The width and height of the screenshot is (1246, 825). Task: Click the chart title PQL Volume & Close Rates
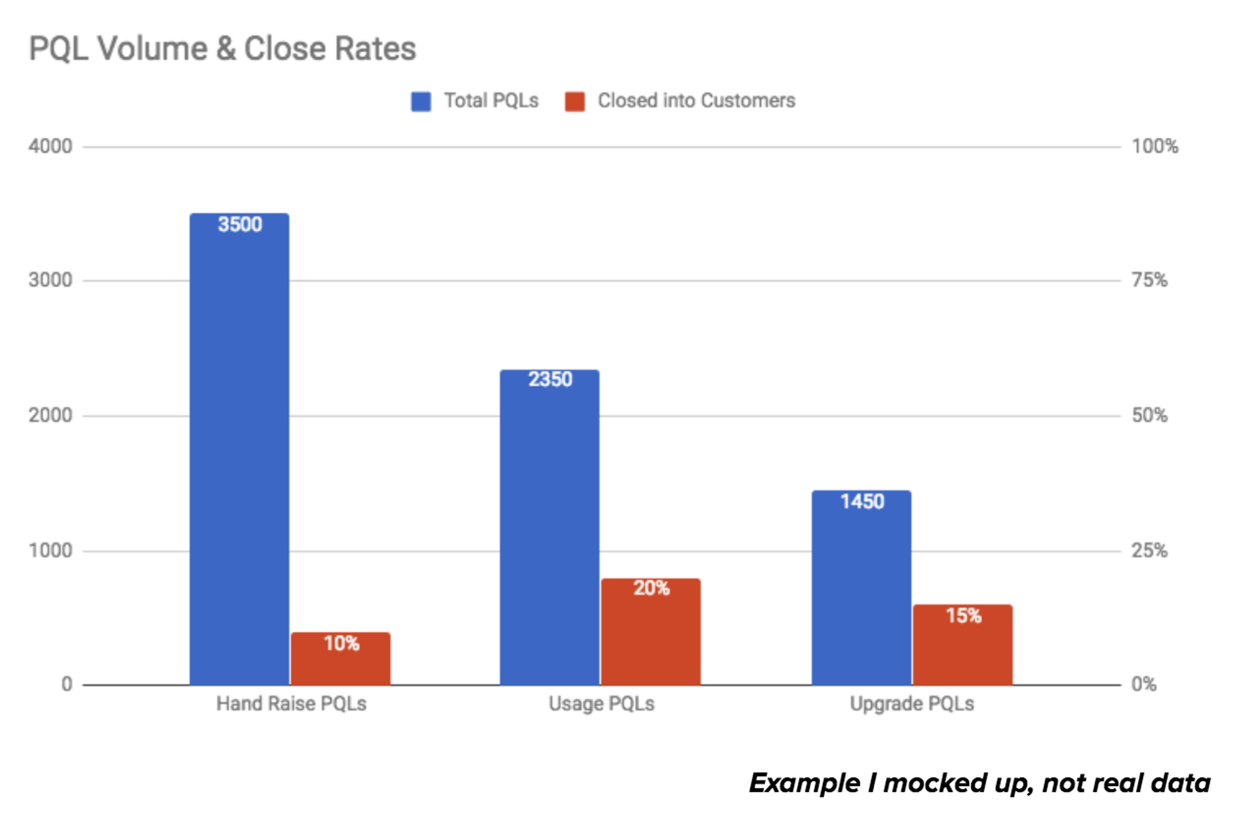tap(222, 49)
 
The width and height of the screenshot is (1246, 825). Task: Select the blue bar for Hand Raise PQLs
tap(239, 453)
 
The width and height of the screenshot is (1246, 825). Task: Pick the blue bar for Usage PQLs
tap(549, 532)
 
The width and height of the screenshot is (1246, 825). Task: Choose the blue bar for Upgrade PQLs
tap(861, 595)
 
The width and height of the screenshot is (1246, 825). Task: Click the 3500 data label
tap(240, 225)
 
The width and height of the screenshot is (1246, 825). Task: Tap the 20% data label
tap(651, 588)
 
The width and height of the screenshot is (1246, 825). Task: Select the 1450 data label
tap(862, 502)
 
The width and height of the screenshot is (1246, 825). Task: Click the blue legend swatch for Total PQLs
tap(421, 101)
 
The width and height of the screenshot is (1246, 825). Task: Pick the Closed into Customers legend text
tap(696, 101)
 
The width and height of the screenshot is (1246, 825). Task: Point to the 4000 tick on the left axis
tap(50, 147)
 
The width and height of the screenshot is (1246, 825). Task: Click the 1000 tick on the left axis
tap(50, 550)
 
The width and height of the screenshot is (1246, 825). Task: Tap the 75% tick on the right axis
tap(1149, 280)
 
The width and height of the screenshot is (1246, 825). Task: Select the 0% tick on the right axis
tap(1143, 684)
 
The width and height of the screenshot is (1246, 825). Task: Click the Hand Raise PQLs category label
tap(291, 704)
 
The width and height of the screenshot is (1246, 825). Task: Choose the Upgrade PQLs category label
tap(912, 704)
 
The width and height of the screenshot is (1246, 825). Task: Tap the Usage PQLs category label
tap(601, 704)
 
